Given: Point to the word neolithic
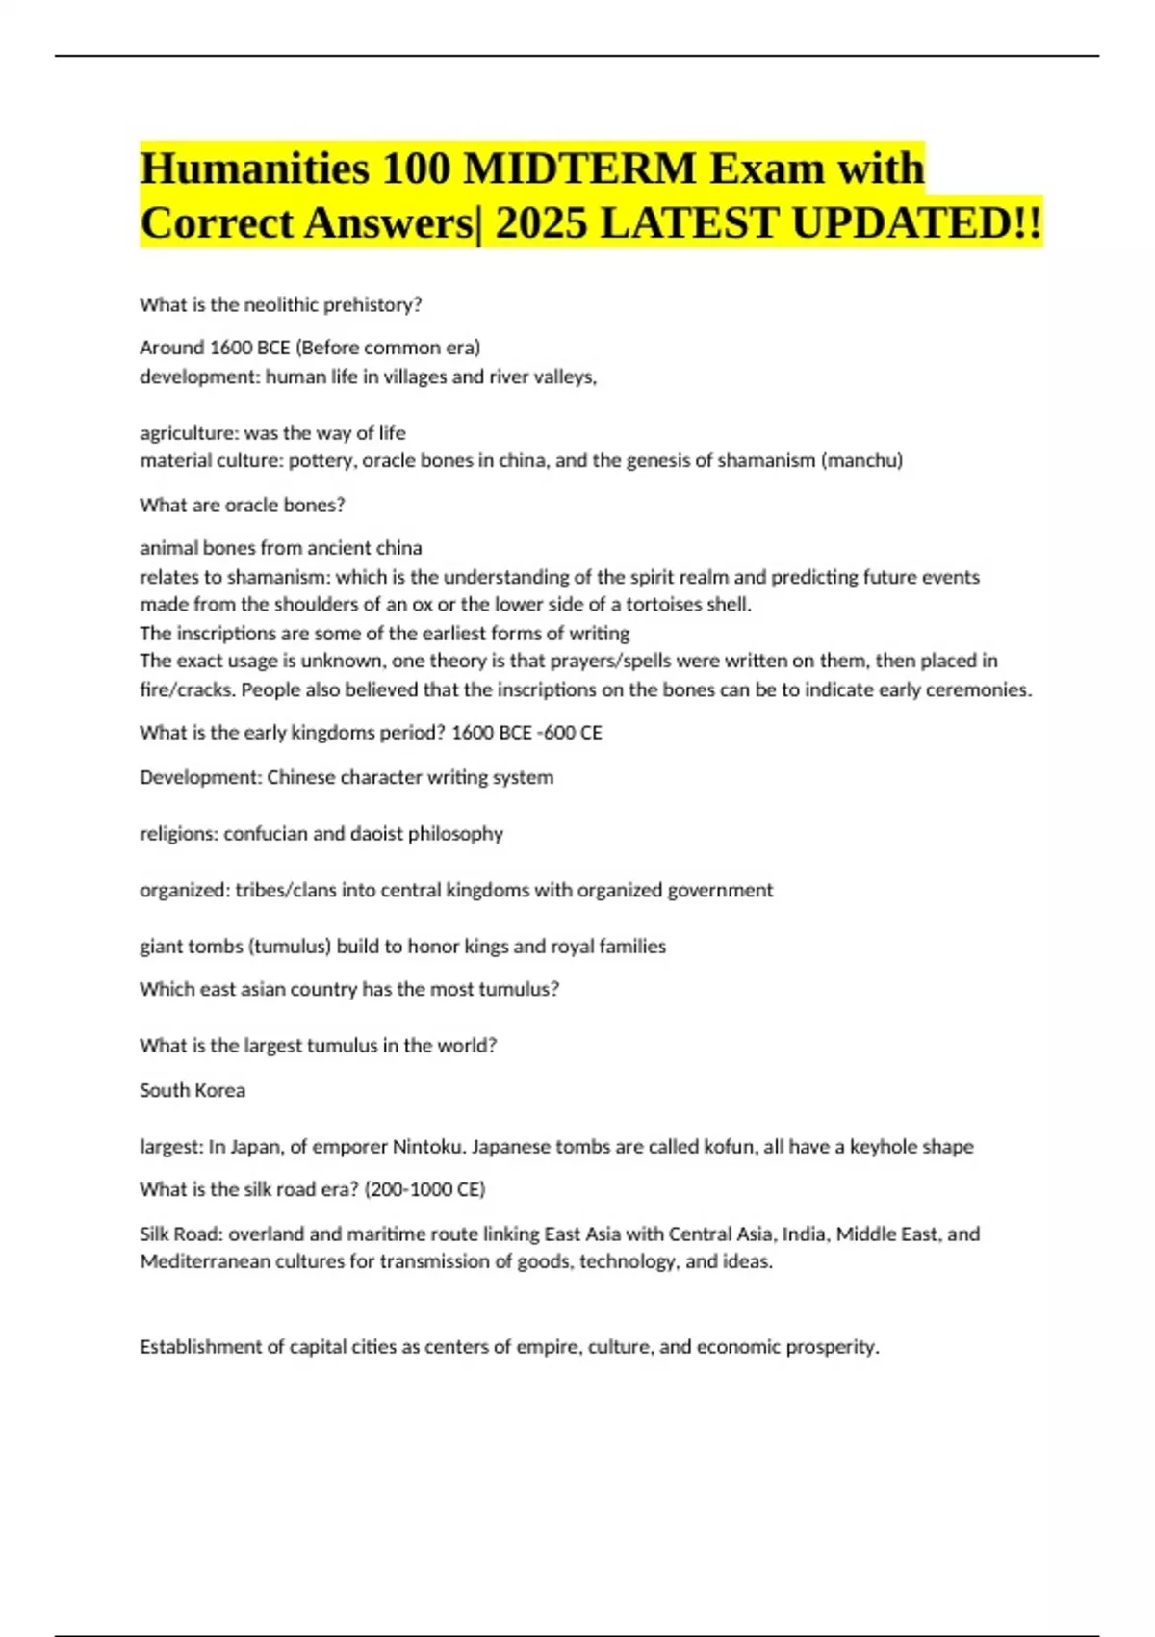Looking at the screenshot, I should [x=280, y=305].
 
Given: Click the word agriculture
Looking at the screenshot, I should [x=189, y=433].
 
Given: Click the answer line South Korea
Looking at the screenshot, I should [x=192, y=1091].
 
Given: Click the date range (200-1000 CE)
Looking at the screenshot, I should [x=424, y=1190].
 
